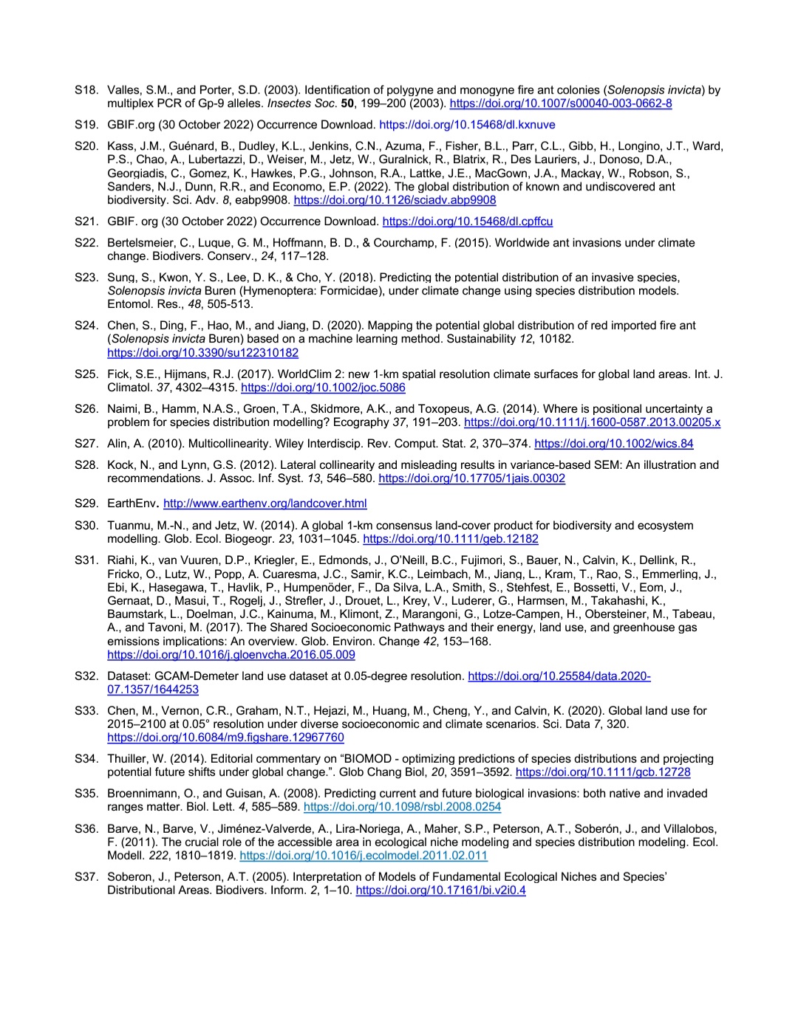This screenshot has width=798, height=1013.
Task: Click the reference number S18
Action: click(x=86, y=90)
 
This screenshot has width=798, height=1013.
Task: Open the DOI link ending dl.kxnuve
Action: click(x=467, y=125)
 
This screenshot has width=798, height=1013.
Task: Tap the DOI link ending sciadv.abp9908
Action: click(x=395, y=200)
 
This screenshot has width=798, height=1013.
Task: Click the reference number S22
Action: click(x=86, y=243)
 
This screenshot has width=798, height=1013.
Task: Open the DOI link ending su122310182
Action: click(x=202, y=353)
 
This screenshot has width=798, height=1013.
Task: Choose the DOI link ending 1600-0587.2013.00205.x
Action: click(x=592, y=422)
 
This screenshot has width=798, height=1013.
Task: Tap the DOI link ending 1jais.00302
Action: click(x=471, y=478)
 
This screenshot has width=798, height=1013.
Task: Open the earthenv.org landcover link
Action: click(x=265, y=504)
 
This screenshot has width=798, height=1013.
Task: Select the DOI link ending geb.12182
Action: click(x=451, y=539)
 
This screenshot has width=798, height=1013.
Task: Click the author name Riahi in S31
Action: click(x=122, y=560)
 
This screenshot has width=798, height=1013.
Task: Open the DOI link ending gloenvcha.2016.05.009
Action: click(x=231, y=654)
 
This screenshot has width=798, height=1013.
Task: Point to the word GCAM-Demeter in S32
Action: click(x=187, y=676)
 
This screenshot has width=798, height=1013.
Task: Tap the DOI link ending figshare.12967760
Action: click(x=225, y=738)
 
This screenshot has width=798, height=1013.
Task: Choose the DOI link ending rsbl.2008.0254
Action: click(x=402, y=807)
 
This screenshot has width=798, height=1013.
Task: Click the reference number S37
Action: click(x=86, y=877)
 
